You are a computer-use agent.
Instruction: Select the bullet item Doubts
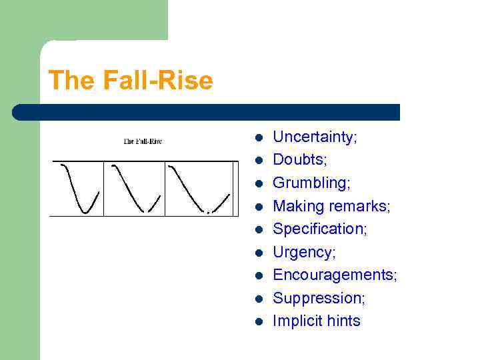pos(299,160)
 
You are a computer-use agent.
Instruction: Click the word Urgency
pos(304,252)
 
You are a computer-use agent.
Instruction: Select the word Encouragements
pos(335,275)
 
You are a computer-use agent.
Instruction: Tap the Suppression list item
pos(319,298)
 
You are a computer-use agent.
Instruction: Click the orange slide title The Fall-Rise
pos(131,81)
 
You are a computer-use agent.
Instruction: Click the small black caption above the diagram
pos(143,141)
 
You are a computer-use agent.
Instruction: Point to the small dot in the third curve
pos(208,212)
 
